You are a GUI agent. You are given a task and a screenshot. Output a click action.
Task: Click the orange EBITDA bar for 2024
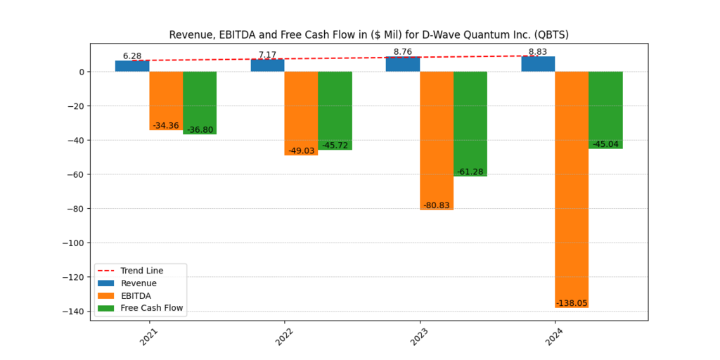(572, 190)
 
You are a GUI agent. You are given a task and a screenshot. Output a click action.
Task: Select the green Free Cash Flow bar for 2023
(470, 124)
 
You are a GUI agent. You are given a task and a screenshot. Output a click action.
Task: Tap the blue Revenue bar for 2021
(132, 66)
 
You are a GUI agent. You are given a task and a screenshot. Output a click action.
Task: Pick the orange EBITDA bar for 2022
(301, 113)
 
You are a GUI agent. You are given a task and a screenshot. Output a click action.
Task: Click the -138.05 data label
(572, 303)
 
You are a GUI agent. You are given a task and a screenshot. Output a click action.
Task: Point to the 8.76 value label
(402, 52)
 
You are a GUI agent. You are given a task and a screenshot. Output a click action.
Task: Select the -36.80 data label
(200, 130)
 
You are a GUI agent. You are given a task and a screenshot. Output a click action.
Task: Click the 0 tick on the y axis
(82, 72)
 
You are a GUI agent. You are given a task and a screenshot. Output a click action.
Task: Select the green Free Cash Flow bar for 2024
(605, 110)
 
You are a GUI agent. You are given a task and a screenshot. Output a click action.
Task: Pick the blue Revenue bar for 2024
(538, 64)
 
